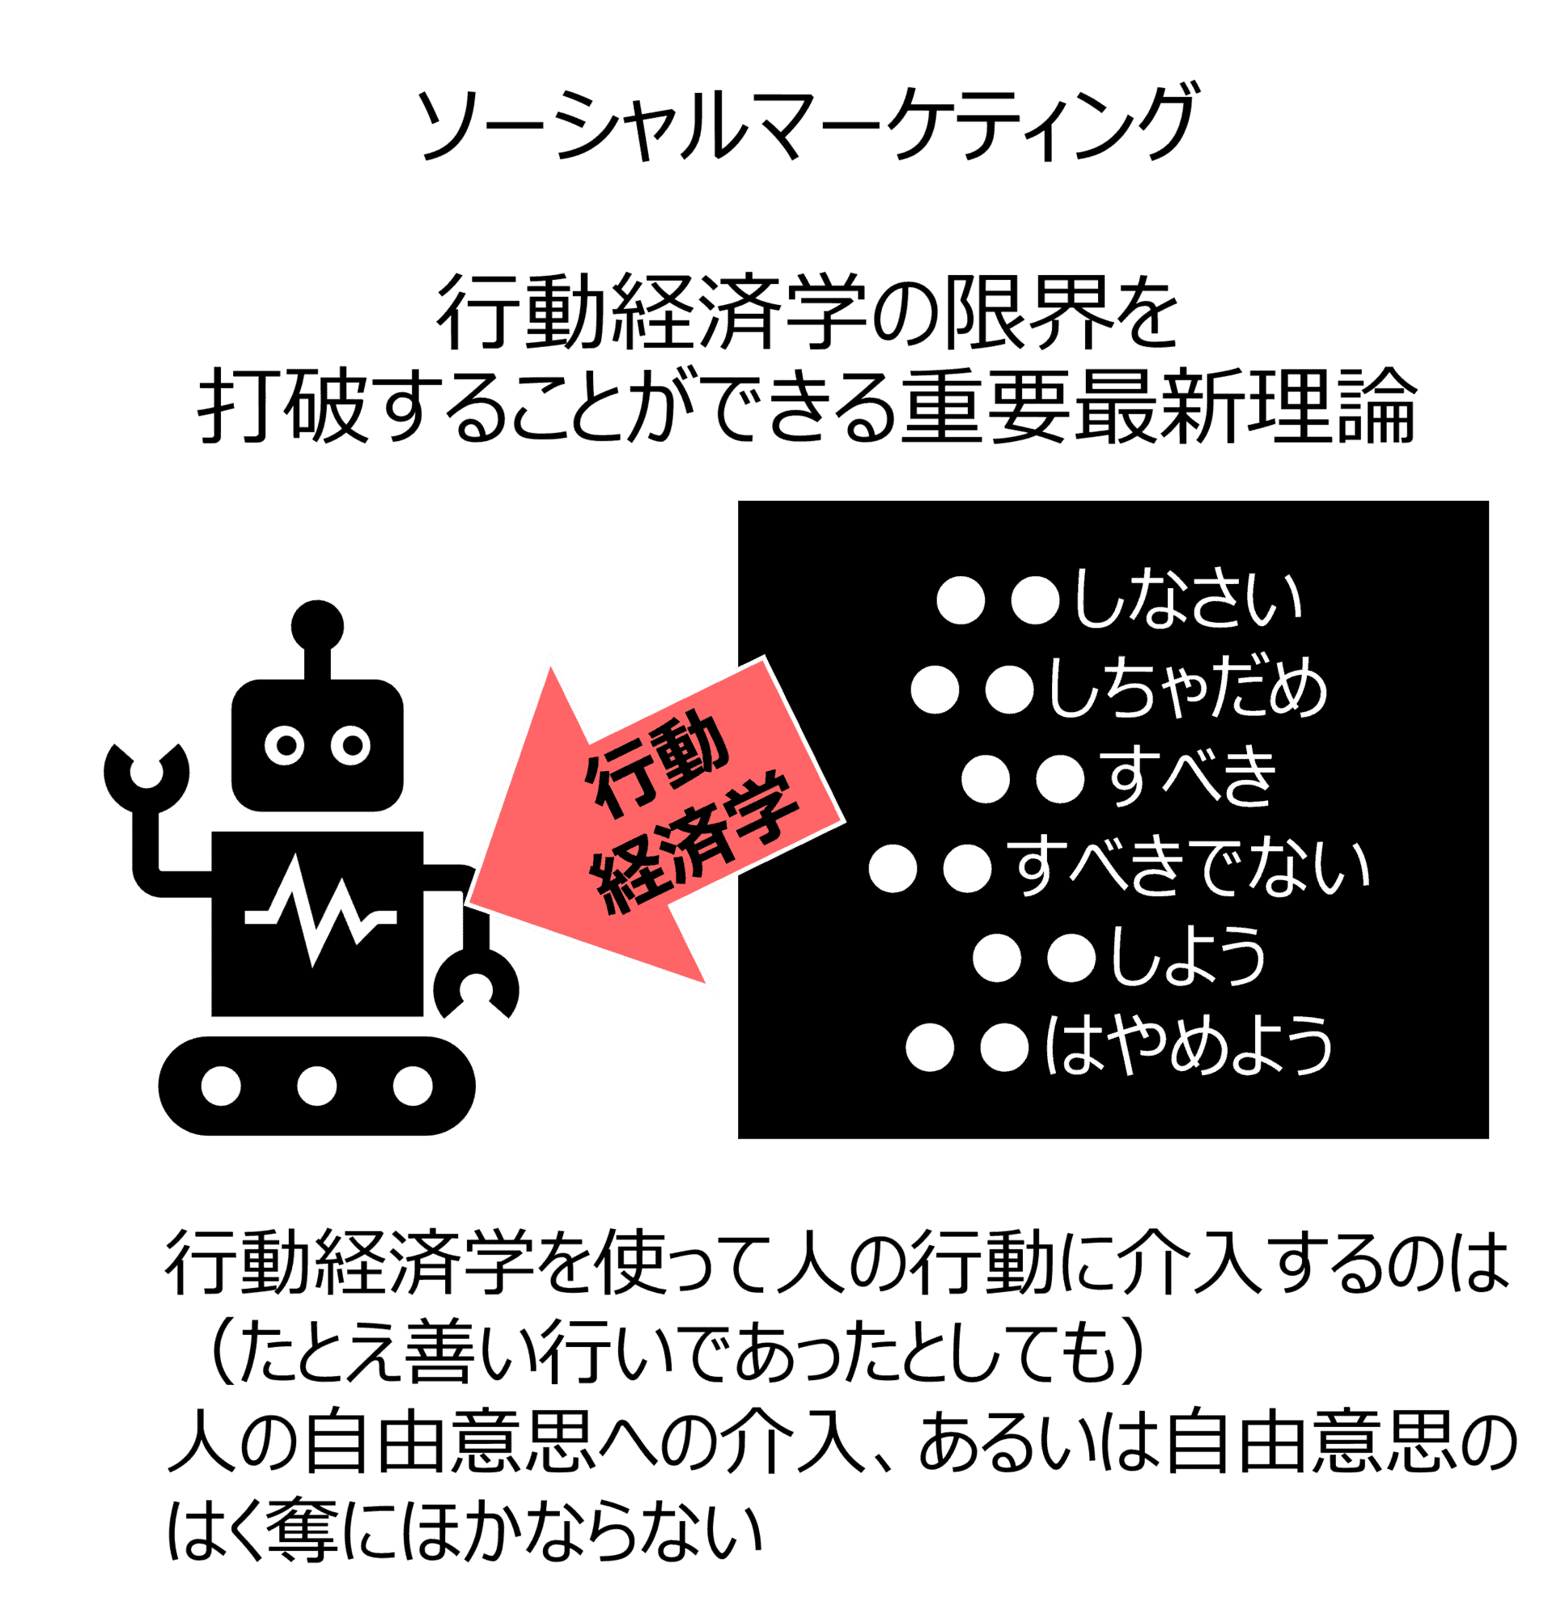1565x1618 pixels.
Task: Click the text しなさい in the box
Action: click(1188, 600)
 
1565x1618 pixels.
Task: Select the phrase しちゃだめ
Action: click(1188, 690)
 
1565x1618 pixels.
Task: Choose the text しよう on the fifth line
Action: click(1188, 958)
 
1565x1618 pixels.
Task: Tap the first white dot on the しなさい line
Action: click(961, 601)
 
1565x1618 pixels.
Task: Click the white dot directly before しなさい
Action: click(1035, 601)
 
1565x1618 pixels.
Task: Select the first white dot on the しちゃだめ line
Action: click(935, 690)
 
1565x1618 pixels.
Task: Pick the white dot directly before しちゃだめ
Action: click(1009, 690)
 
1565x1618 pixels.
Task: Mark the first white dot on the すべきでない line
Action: click(893, 868)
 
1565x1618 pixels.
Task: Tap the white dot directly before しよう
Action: click(1071, 959)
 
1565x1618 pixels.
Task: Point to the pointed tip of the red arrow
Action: click(468, 904)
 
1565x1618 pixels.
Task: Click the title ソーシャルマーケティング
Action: click(805, 124)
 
